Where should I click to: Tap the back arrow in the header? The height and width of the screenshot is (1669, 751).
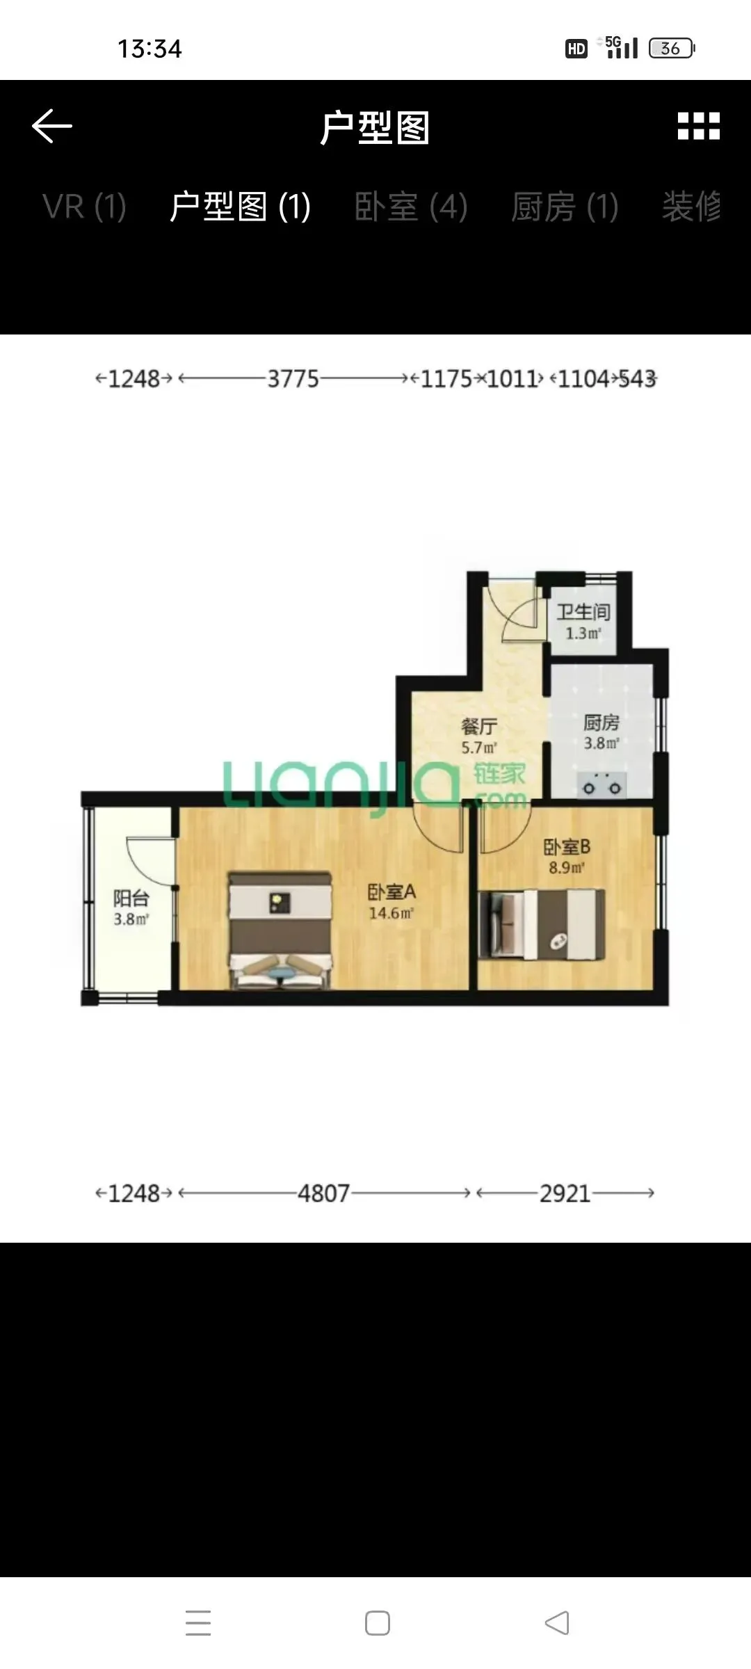click(52, 126)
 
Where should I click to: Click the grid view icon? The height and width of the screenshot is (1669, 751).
click(699, 126)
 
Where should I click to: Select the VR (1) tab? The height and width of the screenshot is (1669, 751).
click(84, 207)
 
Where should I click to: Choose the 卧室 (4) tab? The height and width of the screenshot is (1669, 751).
click(411, 207)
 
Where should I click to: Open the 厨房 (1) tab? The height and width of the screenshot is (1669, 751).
click(565, 207)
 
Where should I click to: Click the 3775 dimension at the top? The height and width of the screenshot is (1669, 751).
click(293, 379)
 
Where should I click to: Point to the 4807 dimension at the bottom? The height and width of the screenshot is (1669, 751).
click(324, 1193)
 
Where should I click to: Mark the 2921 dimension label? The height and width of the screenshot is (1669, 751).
click(565, 1193)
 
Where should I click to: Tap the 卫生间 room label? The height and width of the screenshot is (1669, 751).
click(583, 612)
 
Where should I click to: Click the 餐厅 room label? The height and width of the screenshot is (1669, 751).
click(479, 727)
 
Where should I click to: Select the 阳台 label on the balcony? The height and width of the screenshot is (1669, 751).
click(131, 898)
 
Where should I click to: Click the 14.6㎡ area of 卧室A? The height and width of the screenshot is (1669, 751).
click(391, 913)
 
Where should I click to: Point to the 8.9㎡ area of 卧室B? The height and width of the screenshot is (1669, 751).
click(567, 867)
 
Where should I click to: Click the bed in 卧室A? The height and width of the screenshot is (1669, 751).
click(280, 930)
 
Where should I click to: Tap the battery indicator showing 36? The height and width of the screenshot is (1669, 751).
click(672, 48)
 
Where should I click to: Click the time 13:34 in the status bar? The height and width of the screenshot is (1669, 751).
click(150, 49)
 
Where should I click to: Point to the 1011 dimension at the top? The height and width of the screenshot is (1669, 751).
click(513, 379)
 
